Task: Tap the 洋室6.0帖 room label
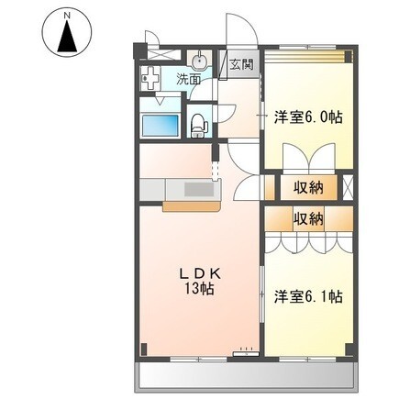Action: [309, 118]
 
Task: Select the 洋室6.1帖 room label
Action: [309, 296]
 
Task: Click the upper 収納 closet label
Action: [309, 187]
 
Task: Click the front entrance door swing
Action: [237, 29]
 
